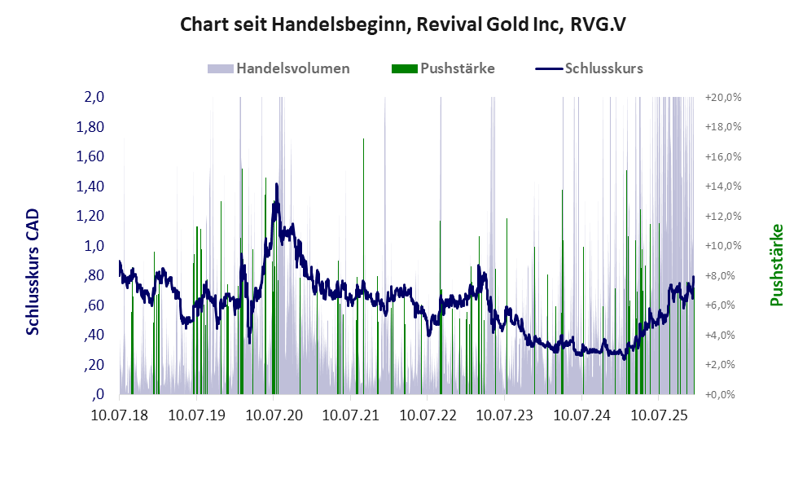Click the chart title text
pos(402,24)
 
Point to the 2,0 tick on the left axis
pos(94,97)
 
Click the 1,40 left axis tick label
pos(90,187)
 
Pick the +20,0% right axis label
pos(723,97)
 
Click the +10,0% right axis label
pos(723,246)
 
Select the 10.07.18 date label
pos(119,415)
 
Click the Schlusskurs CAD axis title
pos(33,271)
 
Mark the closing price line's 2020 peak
pos(277,185)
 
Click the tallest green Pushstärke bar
pos(363,139)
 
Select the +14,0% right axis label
pos(723,187)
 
